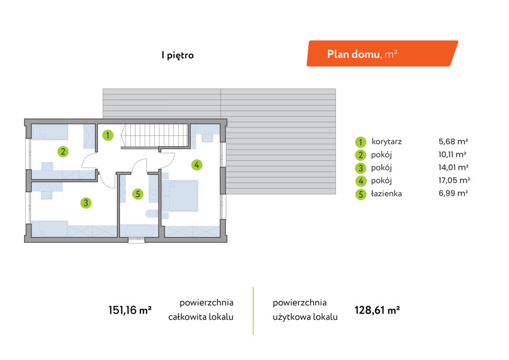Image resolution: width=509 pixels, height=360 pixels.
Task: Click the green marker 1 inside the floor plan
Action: pyautogui.click(x=108, y=135)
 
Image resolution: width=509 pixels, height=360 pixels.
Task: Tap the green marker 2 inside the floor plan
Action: pyautogui.click(x=63, y=151)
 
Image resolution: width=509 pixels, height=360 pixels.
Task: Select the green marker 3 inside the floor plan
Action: pyautogui.click(x=86, y=203)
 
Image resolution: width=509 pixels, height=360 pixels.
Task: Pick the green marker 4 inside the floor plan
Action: pyautogui.click(x=197, y=165)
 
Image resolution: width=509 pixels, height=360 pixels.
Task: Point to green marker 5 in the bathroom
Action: pyautogui.click(x=138, y=194)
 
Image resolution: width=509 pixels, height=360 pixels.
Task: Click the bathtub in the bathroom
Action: pyautogui.click(x=139, y=231)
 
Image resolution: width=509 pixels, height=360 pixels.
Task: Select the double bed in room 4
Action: pyautogui.click(x=180, y=196)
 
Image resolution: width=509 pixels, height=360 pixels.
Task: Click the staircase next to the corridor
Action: pyautogui.click(x=155, y=136)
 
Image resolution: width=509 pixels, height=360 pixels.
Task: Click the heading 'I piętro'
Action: pyautogui.click(x=177, y=55)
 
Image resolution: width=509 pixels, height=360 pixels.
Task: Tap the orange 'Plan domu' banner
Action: pyautogui.click(x=382, y=54)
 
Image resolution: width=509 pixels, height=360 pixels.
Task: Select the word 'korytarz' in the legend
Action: pyautogui.click(x=387, y=142)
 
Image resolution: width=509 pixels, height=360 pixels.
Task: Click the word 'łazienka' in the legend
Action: pyautogui.click(x=386, y=193)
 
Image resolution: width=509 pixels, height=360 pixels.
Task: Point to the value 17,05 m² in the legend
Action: pyautogui.click(x=454, y=180)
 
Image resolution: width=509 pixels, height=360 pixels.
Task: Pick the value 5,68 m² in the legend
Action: pyautogui.click(x=453, y=141)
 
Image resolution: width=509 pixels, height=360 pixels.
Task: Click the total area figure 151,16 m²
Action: pyautogui.click(x=130, y=310)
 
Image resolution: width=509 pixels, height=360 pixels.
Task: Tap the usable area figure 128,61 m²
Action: pyautogui.click(x=377, y=310)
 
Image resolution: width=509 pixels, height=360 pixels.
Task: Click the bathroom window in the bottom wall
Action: pyautogui.click(x=136, y=240)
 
